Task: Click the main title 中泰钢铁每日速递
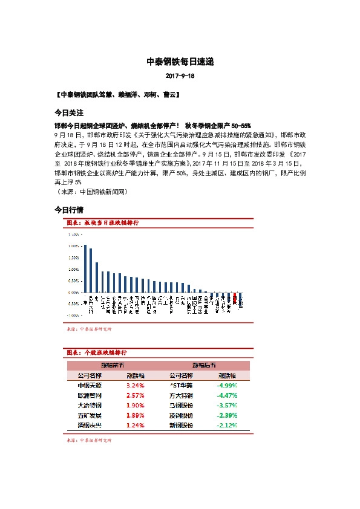(x=180, y=62)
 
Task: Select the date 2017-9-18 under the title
(x=180, y=77)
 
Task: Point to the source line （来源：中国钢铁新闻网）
(x=90, y=192)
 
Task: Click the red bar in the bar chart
(x=235, y=299)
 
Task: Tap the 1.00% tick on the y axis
(x=74, y=269)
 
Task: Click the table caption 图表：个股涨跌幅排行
(x=96, y=352)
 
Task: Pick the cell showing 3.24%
(x=135, y=384)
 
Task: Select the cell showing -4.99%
(x=227, y=384)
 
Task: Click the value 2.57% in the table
(x=135, y=395)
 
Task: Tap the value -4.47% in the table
(x=227, y=395)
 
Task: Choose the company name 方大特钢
(x=182, y=395)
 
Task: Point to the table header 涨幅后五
(x=204, y=365)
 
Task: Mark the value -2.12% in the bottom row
(x=227, y=426)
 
